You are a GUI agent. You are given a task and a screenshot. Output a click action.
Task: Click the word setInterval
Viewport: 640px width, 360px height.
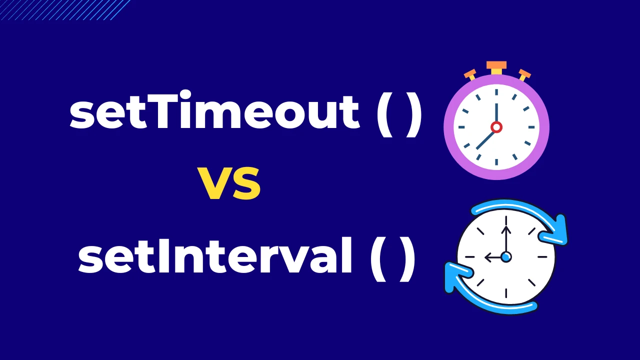[215, 258]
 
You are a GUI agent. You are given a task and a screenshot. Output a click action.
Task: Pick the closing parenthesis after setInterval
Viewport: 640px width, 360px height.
[408, 260]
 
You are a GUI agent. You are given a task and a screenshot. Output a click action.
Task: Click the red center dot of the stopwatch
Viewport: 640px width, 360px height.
[496, 127]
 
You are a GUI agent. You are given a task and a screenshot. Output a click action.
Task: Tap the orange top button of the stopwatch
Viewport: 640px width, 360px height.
[496, 65]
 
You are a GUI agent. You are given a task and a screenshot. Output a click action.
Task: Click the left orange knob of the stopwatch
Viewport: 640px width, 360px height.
[470, 74]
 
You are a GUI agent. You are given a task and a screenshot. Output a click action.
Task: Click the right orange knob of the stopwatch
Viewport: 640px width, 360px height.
[524, 74]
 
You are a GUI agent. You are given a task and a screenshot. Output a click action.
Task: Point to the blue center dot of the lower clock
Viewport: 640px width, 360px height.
[506, 257]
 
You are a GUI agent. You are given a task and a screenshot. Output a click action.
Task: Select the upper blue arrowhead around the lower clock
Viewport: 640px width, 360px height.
[558, 231]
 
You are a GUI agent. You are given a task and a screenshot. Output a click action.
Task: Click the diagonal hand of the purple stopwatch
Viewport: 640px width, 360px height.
[485, 139]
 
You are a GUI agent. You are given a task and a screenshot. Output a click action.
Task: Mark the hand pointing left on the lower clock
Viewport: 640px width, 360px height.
[494, 257]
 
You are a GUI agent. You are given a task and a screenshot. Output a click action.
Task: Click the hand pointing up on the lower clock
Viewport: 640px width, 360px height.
[506, 240]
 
